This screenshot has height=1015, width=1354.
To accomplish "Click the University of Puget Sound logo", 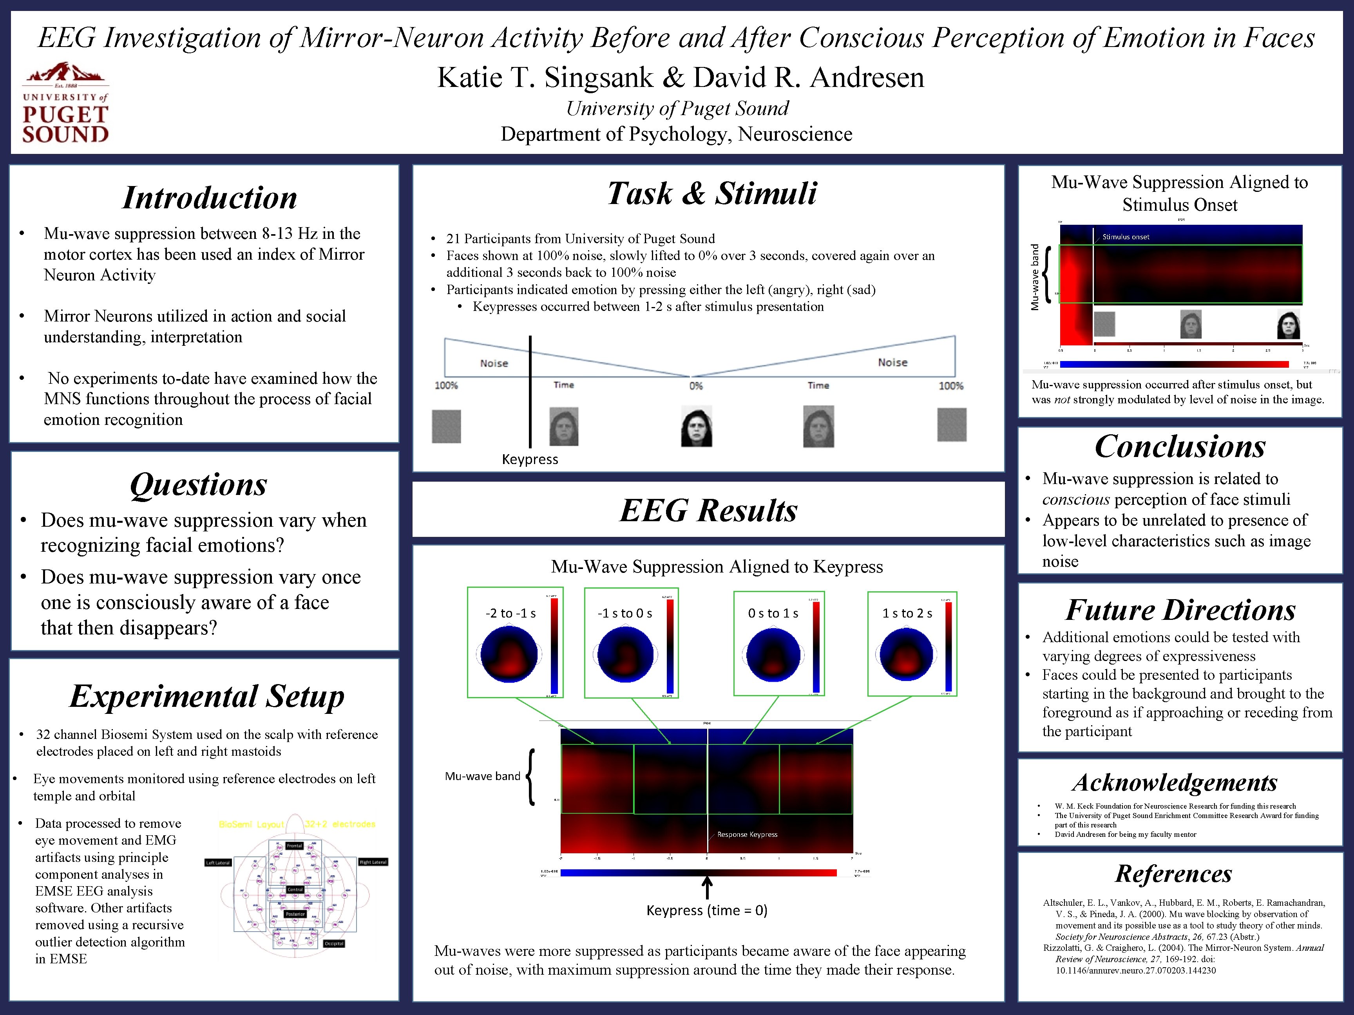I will point(65,103).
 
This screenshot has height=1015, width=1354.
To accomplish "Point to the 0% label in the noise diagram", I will point(695,386).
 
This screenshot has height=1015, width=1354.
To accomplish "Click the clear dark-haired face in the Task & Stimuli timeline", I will point(697,426).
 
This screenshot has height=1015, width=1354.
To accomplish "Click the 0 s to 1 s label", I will point(773,613).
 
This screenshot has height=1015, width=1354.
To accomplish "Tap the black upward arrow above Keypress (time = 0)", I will point(707,887).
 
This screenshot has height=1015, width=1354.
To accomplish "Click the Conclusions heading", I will point(1180,446).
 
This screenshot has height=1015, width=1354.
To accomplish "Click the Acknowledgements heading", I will point(1175,782).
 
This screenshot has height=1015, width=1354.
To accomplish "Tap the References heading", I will point(1173,873).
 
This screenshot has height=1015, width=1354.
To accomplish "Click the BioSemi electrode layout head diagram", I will point(296,886).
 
